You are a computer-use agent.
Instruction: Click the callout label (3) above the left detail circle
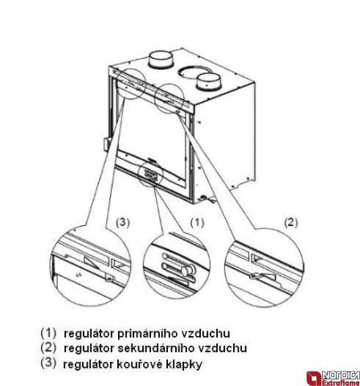[x=123, y=223]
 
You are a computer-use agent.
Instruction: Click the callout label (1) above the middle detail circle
[x=197, y=223]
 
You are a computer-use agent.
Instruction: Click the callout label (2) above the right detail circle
[x=291, y=223]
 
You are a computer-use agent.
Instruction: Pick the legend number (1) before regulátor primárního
[x=48, y=333]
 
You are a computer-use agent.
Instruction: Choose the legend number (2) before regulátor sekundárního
[x=48, y=347]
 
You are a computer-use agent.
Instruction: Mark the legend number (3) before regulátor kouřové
[x=48, y=363]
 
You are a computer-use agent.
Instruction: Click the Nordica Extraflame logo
[x=333, y=378]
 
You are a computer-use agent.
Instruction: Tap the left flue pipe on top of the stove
[x=161, y=60]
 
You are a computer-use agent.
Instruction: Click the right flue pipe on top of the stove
[x=209, y=82]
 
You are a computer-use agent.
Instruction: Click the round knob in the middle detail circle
[x=186, y=270]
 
